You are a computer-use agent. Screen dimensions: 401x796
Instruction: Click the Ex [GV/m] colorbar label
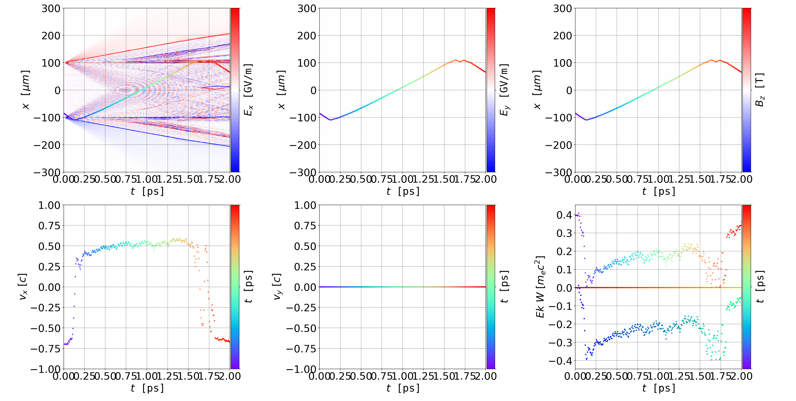(x=248, y=90)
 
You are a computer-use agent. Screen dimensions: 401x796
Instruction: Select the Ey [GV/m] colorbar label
(x=504, y=90)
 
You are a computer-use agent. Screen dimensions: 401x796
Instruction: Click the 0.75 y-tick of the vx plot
(x=49, y=226)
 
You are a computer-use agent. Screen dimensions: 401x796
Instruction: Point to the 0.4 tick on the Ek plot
(x=564, y=215)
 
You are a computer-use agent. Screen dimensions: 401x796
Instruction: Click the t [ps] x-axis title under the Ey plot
(x=403, y=191)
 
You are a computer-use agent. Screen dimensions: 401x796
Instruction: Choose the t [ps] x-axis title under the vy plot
(x=403, y=388)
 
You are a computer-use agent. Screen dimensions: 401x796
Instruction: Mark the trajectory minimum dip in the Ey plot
(x=331, y=120)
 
